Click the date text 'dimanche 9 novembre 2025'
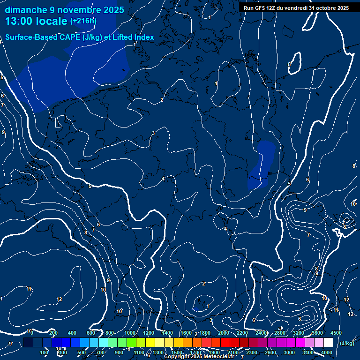pyautogui.click(x=64, y=10)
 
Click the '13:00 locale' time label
pyautogui.click(x=37, y=21)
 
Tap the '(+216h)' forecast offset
pyautogui.click(x=83, y=21)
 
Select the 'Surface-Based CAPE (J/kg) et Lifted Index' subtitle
pyautogui.click(x=80, y=37)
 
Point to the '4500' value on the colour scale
pyautogui.click(x=336, y=333)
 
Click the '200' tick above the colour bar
pyautogui.click(x=53, y=333)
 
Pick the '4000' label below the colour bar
pyautogui.click(x=327, y=352)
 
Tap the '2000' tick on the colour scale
pyautogui.click(x=223, y=333)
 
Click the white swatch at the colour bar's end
pyautogui.click(x=328, y=343)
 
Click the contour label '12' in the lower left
pyautogui.click(x=59, y=299)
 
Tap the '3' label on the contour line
pyautogui.click(x=153, y=134)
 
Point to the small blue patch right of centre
pyautogui.click(x=262, y=164)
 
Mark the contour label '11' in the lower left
pyautogui.click(x=29, y=289)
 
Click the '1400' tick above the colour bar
pyautogui.click(x=166, y=333)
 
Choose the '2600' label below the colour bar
pyautogui.click(x=270, y=352)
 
